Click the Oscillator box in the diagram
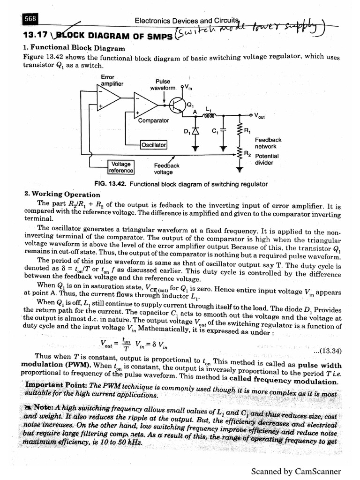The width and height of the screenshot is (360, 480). pos(154,145)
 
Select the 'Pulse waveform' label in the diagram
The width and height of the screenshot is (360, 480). pos(163,84)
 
